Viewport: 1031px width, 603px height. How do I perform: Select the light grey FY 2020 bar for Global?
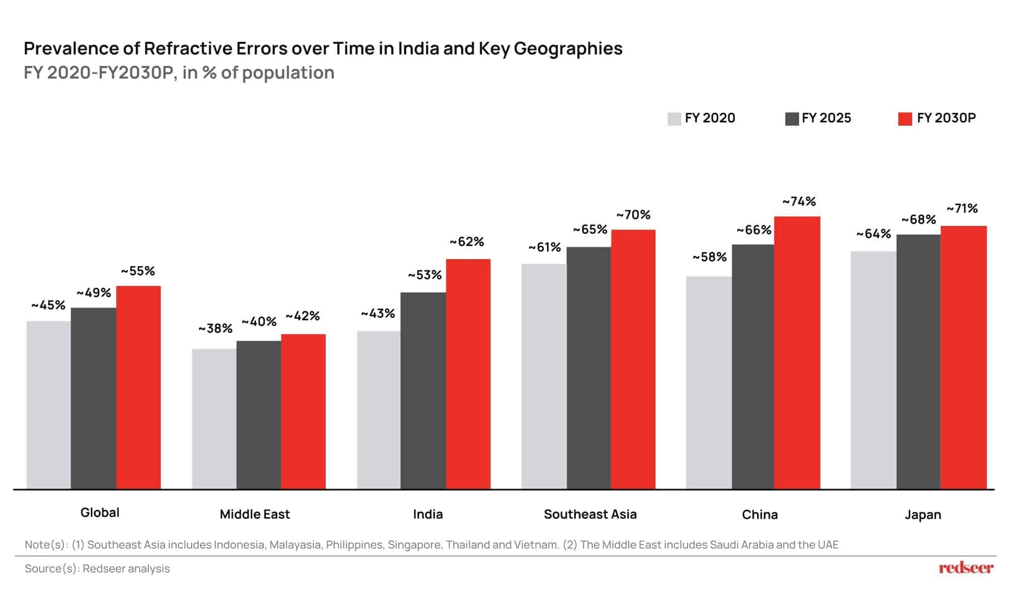click(x=48, y=405)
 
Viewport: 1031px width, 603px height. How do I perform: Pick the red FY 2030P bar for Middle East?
click(x=303, y=411)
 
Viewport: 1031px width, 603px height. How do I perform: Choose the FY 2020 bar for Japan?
click(x=873, y=370)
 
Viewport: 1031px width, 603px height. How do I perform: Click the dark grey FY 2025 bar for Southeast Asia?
click(x=588, y=367)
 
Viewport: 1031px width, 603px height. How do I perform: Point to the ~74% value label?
click(x=799, y=202)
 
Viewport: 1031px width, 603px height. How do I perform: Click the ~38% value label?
click(x=215, y=329)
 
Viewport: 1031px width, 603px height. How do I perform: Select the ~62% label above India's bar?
click(x=467, y=242)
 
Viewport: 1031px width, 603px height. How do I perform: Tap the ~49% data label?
click(x=94, y=293)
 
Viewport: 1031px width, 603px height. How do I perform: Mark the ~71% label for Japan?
click(x=962, y=208)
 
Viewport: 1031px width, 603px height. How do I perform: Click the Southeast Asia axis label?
click(x=590, y=514)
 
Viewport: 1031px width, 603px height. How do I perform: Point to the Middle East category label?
click(x=255, y=514)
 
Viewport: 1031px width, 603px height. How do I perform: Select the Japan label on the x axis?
click(x=922, y=515)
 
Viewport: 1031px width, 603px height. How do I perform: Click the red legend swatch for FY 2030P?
click(x=905, y=119)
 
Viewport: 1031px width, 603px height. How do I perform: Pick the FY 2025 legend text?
click(x=826, y=118)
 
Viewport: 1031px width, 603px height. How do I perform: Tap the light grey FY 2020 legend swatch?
click(x=674, y=119)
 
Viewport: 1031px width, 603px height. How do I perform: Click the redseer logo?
click(x=966, y=568)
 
